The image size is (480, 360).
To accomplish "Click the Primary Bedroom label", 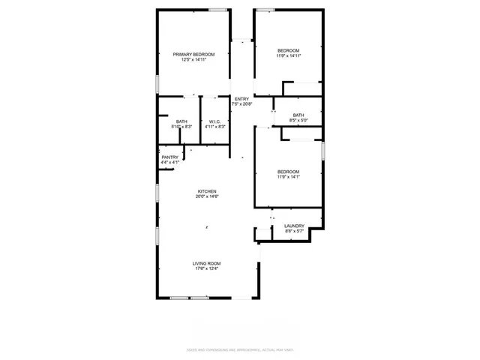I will (193, 55).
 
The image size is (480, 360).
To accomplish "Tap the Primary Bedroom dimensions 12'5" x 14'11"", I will (193, 60).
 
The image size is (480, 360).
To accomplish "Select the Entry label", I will (241, 100).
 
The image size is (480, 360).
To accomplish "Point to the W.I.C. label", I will (214, 121).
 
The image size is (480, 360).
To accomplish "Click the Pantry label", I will (169, 157).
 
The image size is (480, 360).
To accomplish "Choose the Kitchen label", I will (207, 191).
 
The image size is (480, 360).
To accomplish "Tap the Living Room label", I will (206, 263).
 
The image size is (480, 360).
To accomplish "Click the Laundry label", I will (294, 226).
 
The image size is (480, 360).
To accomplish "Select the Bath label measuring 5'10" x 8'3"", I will (182, 121).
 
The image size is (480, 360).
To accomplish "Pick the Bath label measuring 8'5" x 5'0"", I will (298, 115).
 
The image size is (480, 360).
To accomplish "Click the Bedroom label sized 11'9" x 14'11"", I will (288, 51).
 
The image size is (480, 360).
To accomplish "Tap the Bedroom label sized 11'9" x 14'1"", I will (288, 172).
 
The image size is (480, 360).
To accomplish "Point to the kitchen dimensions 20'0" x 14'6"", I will (207, 196).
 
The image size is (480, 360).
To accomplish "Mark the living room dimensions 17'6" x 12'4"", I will (206, 268).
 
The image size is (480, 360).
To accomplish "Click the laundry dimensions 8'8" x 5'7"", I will (294, 232).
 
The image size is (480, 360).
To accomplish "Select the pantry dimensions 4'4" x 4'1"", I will (169, 163).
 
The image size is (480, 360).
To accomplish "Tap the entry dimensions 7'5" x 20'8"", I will (241, 105).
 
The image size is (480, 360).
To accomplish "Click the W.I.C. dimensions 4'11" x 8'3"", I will (214, 127).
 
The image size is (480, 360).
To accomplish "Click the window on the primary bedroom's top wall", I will (218, 9).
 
